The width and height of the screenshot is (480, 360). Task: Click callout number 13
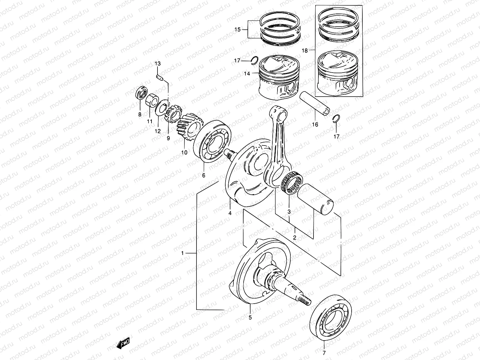[158, 64]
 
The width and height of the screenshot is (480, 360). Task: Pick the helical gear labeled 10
[187, 128]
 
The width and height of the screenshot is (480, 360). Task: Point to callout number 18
[304, 51]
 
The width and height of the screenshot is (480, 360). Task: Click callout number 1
[182, 253]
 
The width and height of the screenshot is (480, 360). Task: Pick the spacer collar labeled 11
[152, 100]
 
